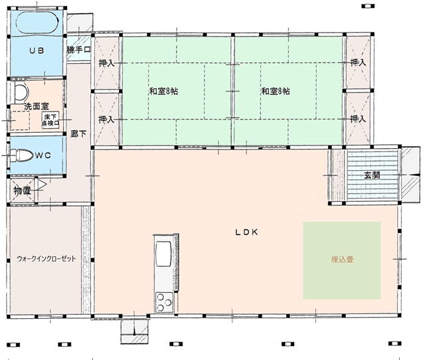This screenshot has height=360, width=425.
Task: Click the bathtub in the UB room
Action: click(37, 23)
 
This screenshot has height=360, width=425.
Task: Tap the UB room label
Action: click(37, 50)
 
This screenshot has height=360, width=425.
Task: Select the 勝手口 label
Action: click(78, 50)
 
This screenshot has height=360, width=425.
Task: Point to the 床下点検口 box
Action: click(50, 120)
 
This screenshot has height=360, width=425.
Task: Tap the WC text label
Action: click(42, 155)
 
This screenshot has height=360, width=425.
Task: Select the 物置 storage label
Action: click(22, 191)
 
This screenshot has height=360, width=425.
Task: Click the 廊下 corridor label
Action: click(78, 134)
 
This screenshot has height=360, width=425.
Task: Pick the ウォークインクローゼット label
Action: click(46, 258)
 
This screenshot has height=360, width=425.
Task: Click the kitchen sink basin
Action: click(163, 254)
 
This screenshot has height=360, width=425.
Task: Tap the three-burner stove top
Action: click(164, 302)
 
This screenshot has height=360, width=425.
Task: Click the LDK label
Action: click(246, 232)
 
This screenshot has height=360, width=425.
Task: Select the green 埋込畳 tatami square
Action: click(342, 260)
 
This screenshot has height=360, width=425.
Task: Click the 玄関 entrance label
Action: click(372, 175)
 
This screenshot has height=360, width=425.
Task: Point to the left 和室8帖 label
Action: click(164, 91)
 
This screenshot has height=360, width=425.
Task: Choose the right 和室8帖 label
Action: click(276, 91)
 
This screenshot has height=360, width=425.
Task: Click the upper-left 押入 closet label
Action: click(106, 63)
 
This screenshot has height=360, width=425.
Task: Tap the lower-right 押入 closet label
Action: click(358, 119)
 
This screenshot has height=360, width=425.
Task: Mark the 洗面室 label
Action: click(37, 106)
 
